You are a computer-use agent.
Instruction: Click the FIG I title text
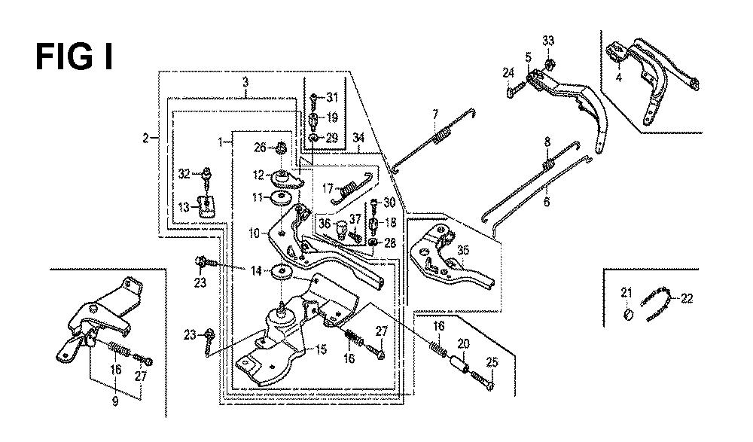coord(75,56)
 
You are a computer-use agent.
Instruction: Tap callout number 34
coord(358,138)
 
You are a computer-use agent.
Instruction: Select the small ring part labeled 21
coord(628,315)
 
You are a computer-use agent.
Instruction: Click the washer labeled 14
coord(282,272)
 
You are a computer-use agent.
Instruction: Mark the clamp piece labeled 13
coord(207,205)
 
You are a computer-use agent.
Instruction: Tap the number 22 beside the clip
coord(687,299)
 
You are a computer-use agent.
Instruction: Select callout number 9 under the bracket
coord(115,401)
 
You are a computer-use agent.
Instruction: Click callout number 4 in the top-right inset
coord(618,77)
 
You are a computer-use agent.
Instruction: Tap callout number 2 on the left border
coord(145,139)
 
